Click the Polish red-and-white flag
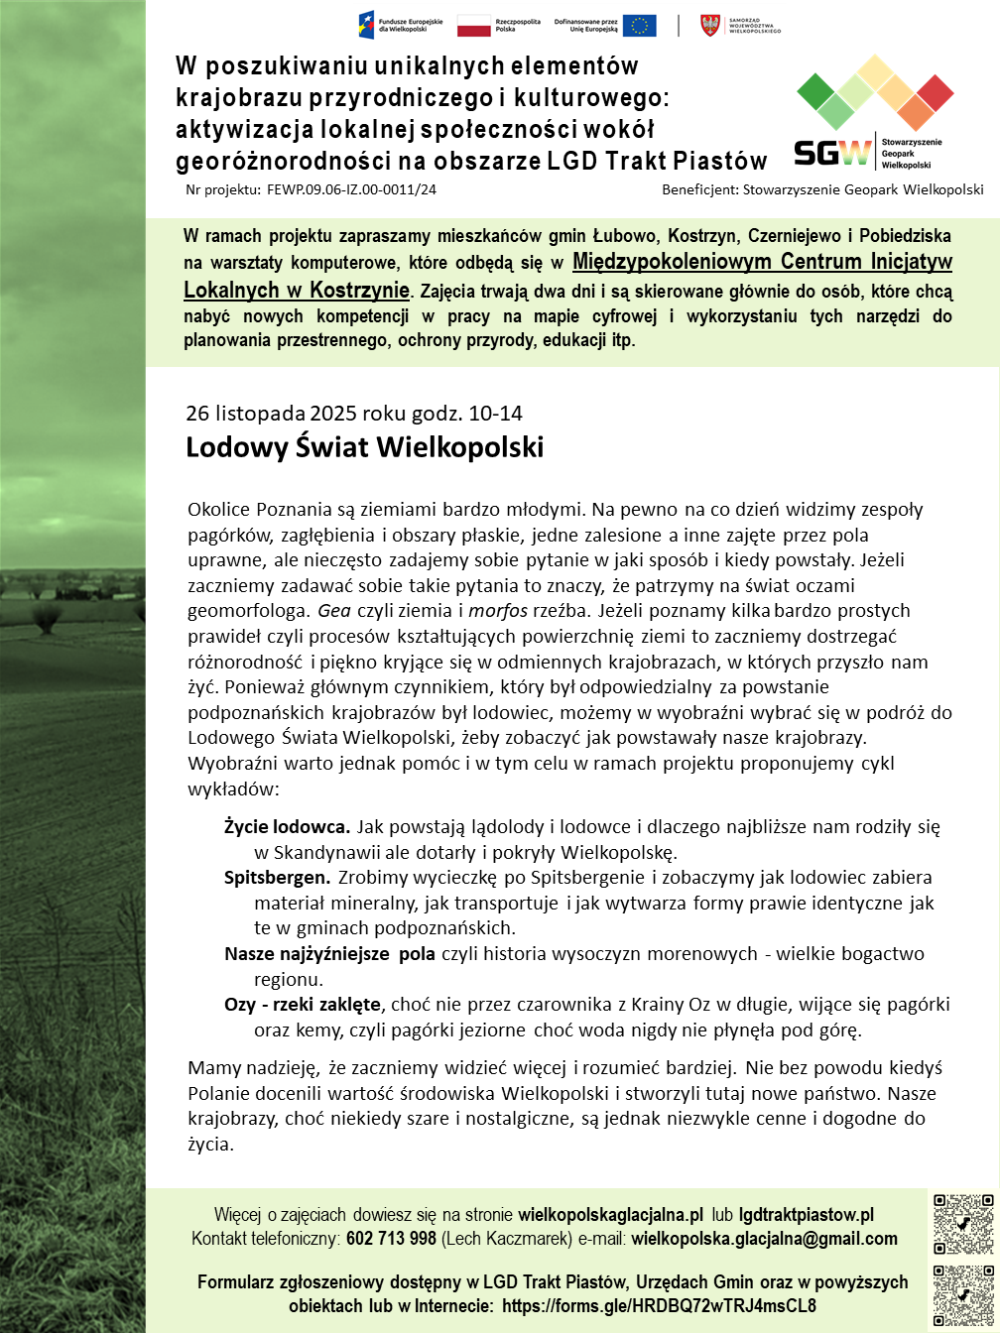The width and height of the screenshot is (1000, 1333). [x=473, y=25]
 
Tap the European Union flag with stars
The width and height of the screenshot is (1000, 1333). [x=640, y=25]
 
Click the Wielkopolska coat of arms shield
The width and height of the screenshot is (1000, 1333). [x=710, y=25]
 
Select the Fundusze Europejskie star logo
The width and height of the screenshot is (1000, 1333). [x=366, y=25]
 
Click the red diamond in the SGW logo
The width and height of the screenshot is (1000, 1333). [x=935, y=92]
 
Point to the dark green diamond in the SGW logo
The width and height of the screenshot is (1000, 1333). [x=816, y=92]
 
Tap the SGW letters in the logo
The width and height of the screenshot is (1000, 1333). [x=832, y=152]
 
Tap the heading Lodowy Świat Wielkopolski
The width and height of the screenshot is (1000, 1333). [x=365, y=447]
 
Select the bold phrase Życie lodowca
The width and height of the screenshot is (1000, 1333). [x=287, y=826]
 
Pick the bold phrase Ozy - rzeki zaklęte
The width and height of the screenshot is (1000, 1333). [x=303, y=1005]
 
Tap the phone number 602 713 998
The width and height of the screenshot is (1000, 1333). [x=390, y=1239]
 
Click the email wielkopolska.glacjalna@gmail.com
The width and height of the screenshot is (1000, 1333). [x=764, y=1239]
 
